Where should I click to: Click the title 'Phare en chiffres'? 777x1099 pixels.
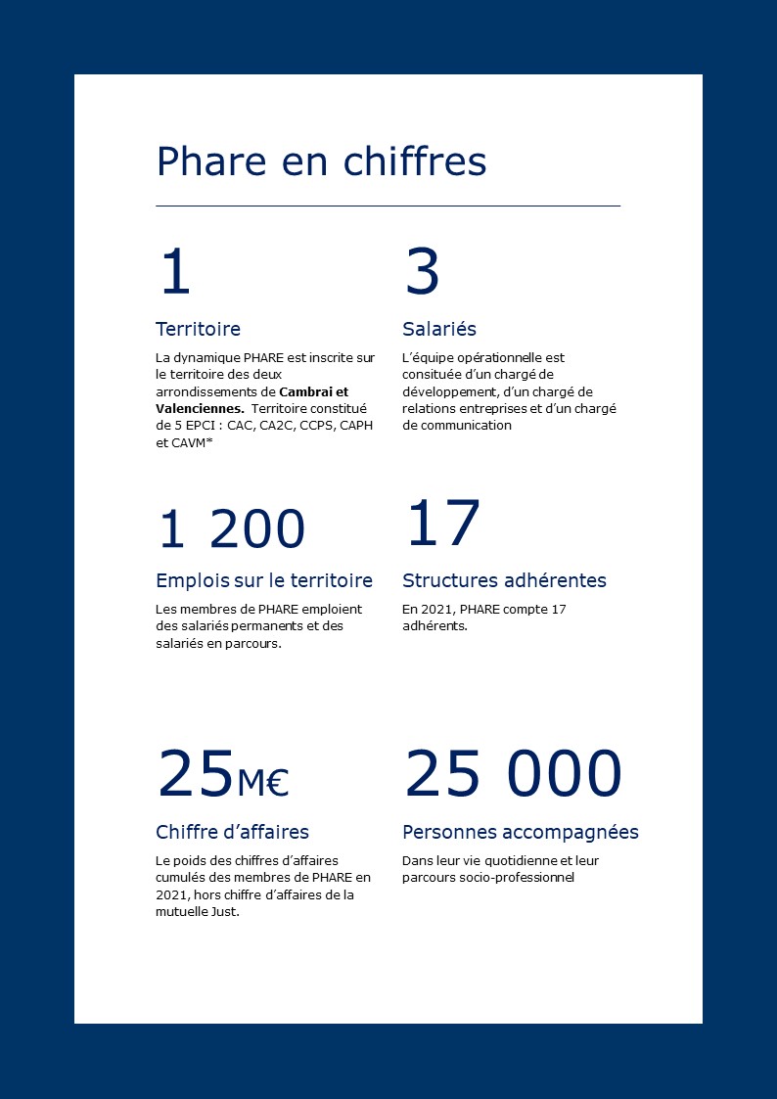coord(321,161)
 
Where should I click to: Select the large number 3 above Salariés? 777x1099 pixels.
coord(422,272)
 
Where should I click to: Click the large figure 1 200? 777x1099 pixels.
coord(231,529)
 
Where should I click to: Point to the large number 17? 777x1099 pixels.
coord(442,524)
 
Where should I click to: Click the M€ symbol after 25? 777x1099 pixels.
coord(262,782)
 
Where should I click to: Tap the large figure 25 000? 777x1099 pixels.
coord(513,774)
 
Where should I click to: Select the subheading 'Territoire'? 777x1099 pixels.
coord(198,329)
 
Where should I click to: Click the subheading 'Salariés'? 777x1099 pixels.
coord(439,329)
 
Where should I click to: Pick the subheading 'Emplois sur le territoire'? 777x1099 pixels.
coord(264,580)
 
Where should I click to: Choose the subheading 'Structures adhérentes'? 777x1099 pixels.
coord(504,580)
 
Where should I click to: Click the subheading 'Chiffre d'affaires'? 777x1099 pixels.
coord(232,832)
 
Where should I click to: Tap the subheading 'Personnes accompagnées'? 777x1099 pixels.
coord(521,832)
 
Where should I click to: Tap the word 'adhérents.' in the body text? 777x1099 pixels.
coord(434,626)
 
